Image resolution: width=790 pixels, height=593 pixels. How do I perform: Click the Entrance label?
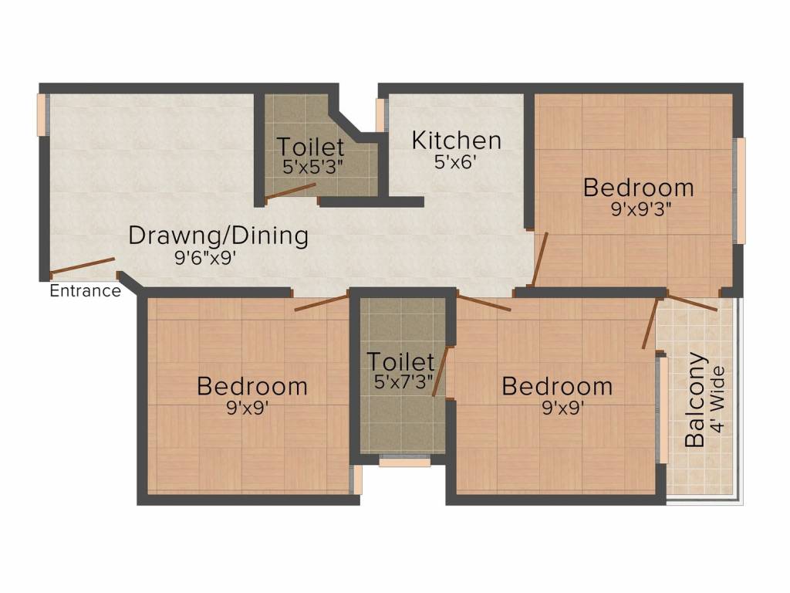(85, 291)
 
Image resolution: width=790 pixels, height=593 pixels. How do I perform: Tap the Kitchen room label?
(456, 141)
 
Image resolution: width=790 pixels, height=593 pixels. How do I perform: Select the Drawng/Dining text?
(218, 236)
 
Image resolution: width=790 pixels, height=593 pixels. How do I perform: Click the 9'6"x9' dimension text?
(204, 259)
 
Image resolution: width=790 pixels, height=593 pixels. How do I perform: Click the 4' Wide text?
(720, 401)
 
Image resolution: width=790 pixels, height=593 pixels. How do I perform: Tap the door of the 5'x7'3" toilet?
(440, 372)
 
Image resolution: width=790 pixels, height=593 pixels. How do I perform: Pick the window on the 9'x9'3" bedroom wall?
(740, 191)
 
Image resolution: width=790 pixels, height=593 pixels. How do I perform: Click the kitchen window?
(380, 114)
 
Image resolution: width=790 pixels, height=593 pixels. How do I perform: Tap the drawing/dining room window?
(42, 114)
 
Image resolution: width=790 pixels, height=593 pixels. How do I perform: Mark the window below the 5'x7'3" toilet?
(404, 463)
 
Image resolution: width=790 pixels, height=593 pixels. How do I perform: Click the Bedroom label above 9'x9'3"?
(638, 188)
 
